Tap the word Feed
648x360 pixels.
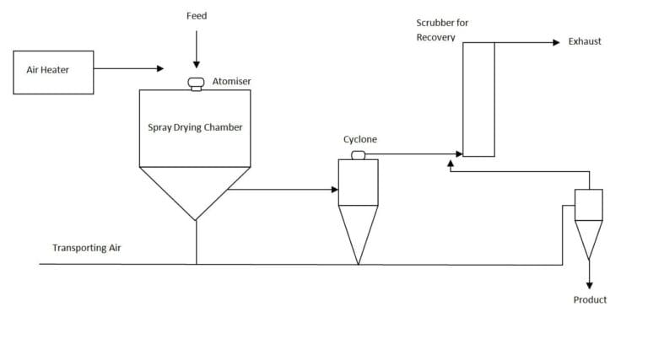click(x=197, y=16)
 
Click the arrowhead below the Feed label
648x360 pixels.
click(x=197, y=65)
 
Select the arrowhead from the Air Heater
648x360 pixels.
click(x=160, y=68)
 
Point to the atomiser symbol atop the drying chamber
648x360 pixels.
click(x=196, y=83)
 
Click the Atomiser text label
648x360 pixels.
click(x=231, y=81)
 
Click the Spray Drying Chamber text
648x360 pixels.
click(x=195, y=127)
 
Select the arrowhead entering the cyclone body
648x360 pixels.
click(x=335, y=190)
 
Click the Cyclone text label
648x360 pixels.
click(x=360, y=139)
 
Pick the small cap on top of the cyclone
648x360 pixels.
click(x=359, y=155)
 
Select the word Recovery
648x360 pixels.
click(x=435, y=37)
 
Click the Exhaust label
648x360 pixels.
click(x=585, y=41)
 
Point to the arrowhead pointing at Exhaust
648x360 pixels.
click(x=556, y=42)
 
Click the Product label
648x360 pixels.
click(x=590, y=300)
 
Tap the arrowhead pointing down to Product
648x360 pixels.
click(x=589, y=285)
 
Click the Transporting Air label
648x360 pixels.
click(x=86, y=248)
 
